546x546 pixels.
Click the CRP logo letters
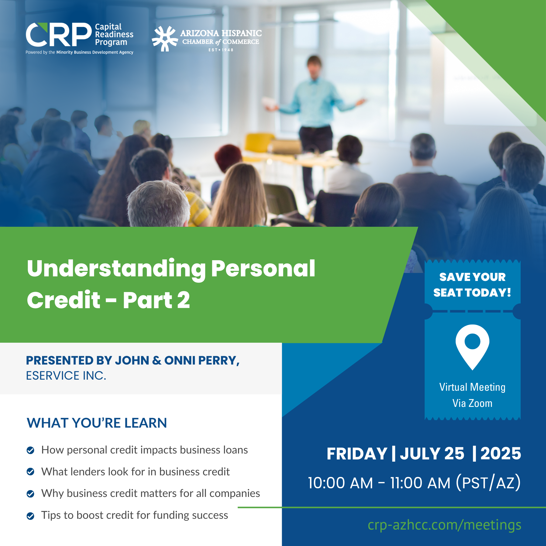(x=59, y=35)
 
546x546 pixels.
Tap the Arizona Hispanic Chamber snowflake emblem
(x=165, y=39)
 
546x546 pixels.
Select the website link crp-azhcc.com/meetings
(x=444, y=525)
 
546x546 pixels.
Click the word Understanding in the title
(x=116, y=269)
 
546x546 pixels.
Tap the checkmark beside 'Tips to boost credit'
(x=30, y=516)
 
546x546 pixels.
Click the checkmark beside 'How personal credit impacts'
(x=30, y=450)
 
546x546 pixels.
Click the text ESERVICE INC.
(x=66, y=376)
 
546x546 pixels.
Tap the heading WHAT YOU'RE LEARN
(x=97, y=423)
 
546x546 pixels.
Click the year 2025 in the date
(x=501, y=454)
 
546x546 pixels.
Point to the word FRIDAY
(x=357, y=454)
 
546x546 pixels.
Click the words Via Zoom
(x=472, y=403)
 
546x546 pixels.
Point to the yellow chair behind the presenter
(x=258, y=143)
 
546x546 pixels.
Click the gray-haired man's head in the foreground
(x=158, y=204)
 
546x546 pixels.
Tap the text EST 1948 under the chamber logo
(x=221, y=50)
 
